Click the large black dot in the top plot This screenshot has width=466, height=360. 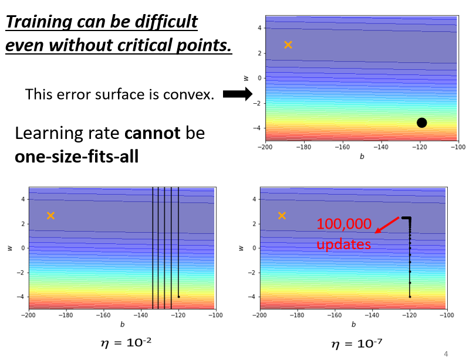click(421, 123)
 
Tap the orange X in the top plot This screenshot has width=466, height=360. click(288, 45)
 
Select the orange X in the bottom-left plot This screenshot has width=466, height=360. click(50, 216)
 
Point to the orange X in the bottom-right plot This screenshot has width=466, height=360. click(282, 216)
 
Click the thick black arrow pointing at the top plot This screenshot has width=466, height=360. click(237, 94)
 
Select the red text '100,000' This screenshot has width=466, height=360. click(344, 223)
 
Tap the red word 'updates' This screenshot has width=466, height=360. click(344, 243)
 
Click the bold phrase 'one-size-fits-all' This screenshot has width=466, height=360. click(76, 157)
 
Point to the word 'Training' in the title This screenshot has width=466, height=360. click(40, 22)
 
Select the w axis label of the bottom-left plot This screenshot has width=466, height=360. click(10, 248)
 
